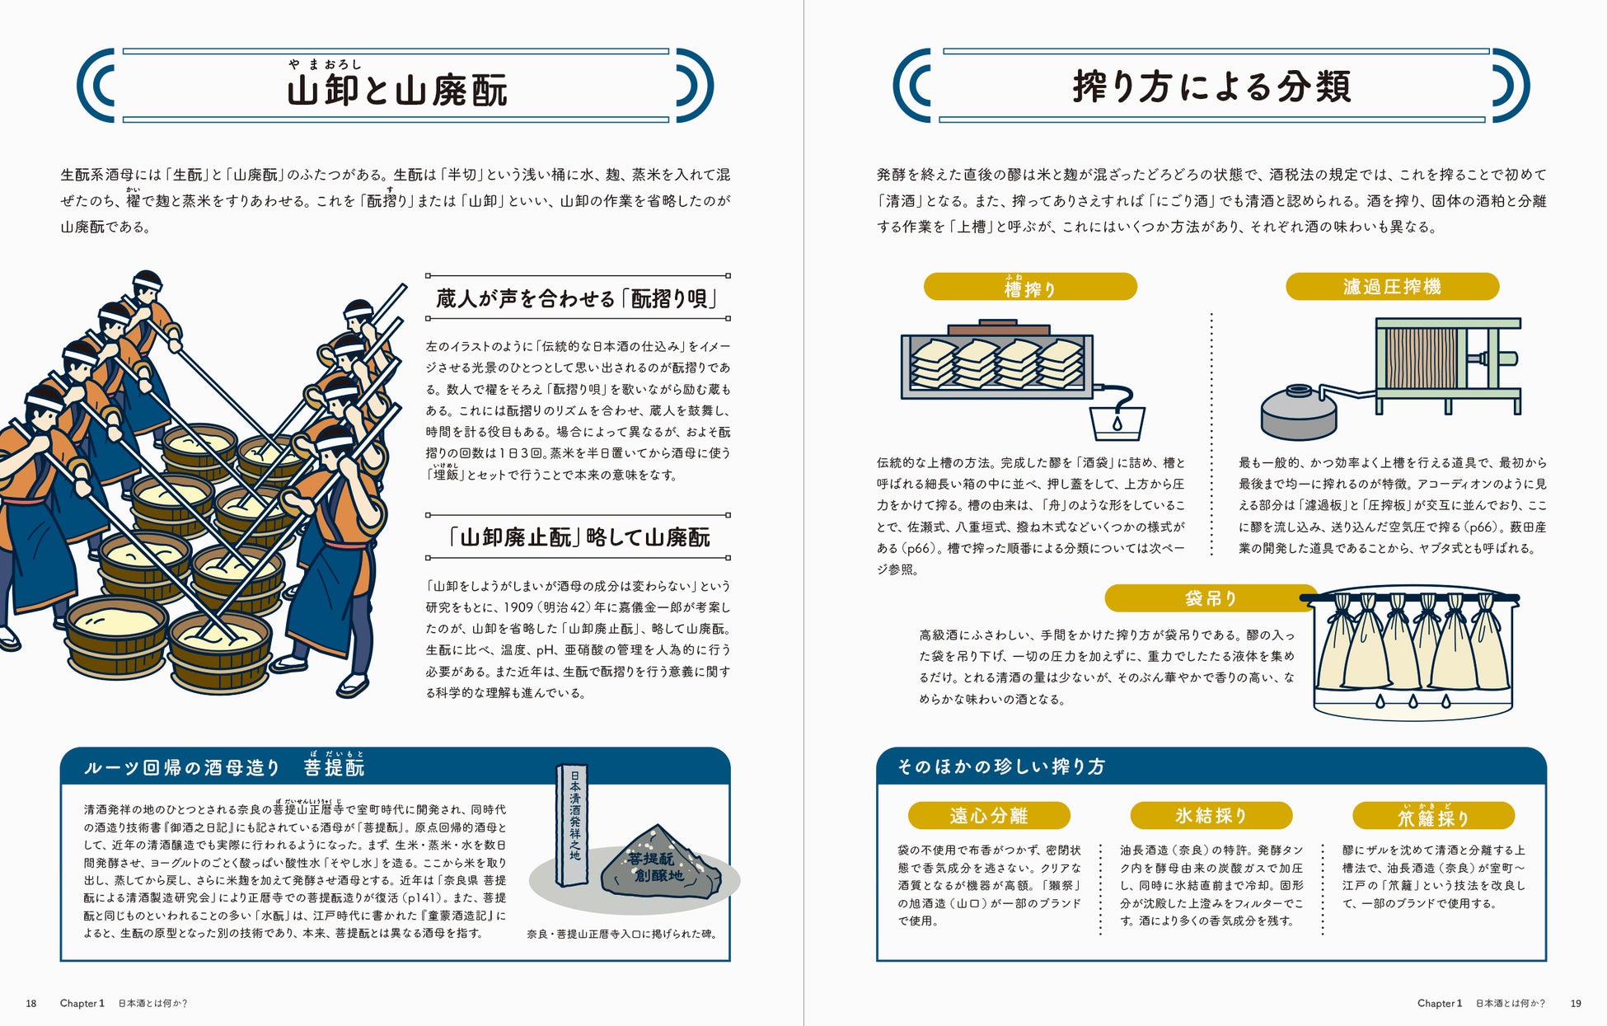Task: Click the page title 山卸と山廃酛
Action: (x=396, y=89)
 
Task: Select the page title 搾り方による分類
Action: (x=1211, y=87)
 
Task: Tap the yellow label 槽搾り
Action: (x=1030, y=287)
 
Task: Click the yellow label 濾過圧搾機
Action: (x=1392, y=286)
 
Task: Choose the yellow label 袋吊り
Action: (x=1210, y=598)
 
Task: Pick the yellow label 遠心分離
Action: (x=988, y=816)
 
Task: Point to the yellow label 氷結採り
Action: (x=1211, y=816)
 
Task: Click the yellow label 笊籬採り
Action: (x=1433, y=817)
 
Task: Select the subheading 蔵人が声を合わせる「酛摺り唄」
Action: (x=577, y=298)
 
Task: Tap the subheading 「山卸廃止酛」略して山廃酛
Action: (x=577, y=537)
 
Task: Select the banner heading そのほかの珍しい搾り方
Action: (x=1001, y=766)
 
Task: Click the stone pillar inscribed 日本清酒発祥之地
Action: (x=573, y=824)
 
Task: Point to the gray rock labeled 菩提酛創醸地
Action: (x=657, y=865)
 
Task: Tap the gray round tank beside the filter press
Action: (x=1298, y=415)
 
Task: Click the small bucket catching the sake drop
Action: (x=1117, y=422)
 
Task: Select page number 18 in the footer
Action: (x=31, y=1003)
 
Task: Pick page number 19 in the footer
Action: (x=1576, y=1003)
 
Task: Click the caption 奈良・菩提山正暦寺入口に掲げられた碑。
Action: (x=622, y=934)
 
